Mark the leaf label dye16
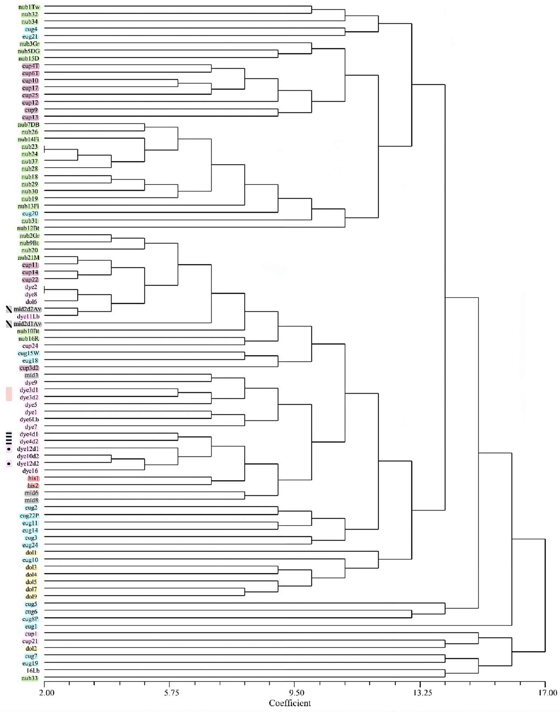pyautogui.click(x=30, y=471)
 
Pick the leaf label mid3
pyautogui.click(x=31, y=375)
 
